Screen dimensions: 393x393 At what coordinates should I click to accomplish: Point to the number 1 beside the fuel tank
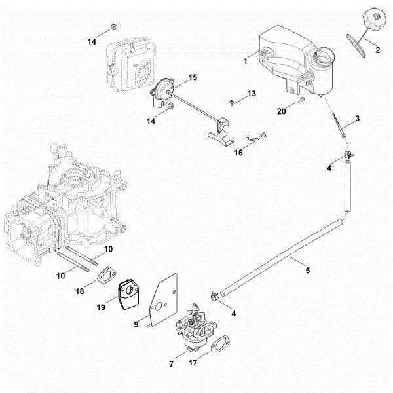pyautogui.click(x=244, y=61)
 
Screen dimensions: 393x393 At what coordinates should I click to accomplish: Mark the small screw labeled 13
pyautogui.click(x=233, y=102)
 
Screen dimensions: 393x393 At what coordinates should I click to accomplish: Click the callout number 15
pyautogui.click(x=193, y=78)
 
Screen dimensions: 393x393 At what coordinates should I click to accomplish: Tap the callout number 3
pyautogui.click(x=357, y=119)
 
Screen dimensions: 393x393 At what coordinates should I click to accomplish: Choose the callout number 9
pyautogui.click(x=136, y=323)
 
